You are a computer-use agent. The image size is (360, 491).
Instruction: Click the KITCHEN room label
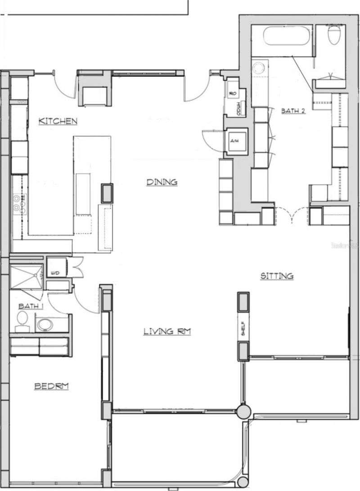[x=58, y=121]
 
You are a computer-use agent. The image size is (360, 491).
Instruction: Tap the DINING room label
[x=162, y=182]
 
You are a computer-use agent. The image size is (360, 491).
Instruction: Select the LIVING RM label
[x=167, y=332]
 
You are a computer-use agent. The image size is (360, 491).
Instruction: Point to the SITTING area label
[x=277, y=276]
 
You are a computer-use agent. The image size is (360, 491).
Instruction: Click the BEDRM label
[x=51, y=386]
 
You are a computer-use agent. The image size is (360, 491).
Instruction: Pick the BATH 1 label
[x=27, y=306]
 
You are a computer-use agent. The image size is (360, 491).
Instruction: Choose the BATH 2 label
[x=293, y=110]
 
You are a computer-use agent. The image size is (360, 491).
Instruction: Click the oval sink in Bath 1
[x=45, y=324]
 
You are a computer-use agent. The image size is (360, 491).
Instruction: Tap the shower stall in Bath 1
[x=26, y=276]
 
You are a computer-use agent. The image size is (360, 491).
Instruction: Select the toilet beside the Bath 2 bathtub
[x=334, y=35]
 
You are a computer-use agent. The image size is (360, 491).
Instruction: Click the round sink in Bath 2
[x=259, y=68]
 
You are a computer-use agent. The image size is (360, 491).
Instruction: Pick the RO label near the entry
[x=233, y=94]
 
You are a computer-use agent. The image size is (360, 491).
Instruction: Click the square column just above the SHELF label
[x=243, y=302]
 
